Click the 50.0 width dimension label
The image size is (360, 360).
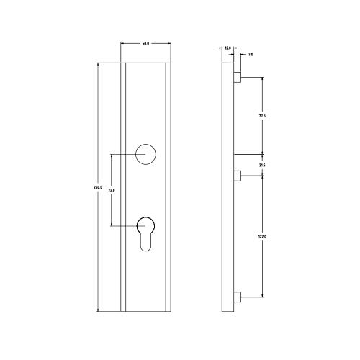pyautogui.click(x=145, y=45)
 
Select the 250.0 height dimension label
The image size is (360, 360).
pyautogui.click(x=98, y=188)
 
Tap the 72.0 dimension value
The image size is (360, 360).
pyautogui.click(x=112, y=190)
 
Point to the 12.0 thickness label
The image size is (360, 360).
pyautogui.click(x=228, y=48)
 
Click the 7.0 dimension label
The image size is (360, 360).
pyautogui.click(x=250, y=55)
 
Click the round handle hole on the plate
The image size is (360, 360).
pyautogui.click(x=146, y=153)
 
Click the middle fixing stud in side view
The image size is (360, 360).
pyautogui.click(x=237, y=175)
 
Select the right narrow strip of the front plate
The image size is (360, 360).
pyautogui.click(x=170, y=187)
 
